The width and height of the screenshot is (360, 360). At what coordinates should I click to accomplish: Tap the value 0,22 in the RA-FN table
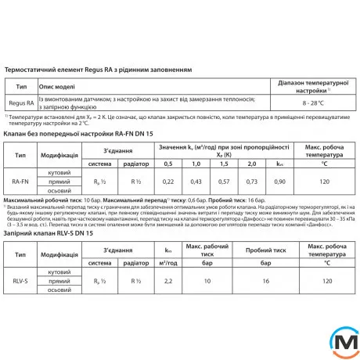coord(167,181)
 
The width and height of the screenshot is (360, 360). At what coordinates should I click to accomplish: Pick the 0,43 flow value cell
coord(196,181)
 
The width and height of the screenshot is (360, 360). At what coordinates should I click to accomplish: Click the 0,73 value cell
coord(252,181)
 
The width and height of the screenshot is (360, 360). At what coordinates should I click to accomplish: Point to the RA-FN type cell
coord(21,181)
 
